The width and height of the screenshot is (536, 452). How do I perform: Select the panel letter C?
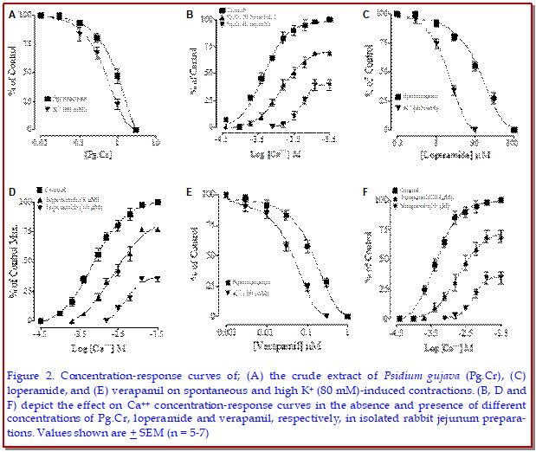367,14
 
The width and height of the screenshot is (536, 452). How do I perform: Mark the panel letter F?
366,193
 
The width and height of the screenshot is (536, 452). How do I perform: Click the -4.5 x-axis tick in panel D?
40,332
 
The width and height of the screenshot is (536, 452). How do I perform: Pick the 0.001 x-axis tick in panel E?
226,332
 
